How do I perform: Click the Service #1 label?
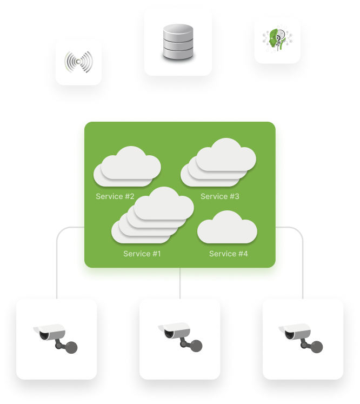tap(142, 254)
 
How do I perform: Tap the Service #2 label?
tap(115, 196)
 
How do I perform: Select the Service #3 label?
tap(219, 196)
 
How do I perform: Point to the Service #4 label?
tap(229, 254)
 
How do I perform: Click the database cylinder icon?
tap(178, 42)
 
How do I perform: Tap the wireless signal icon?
tap(78, 62)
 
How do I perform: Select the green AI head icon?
tap(277, 41)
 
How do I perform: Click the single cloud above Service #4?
tap(227, 228)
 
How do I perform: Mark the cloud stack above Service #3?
tap(219, 161)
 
